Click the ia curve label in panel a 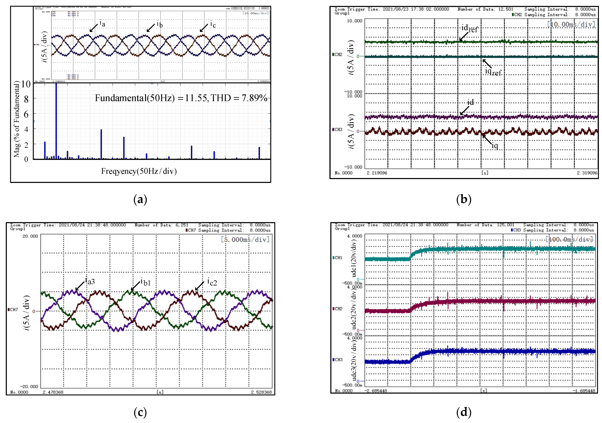[x=102, y=24]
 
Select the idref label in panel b [x=469, y=28]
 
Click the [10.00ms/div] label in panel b [x=571, y=24]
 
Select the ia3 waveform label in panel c [x=90, y=281]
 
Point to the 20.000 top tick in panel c [x=30, y=236]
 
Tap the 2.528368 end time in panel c [x=261, y=392]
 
